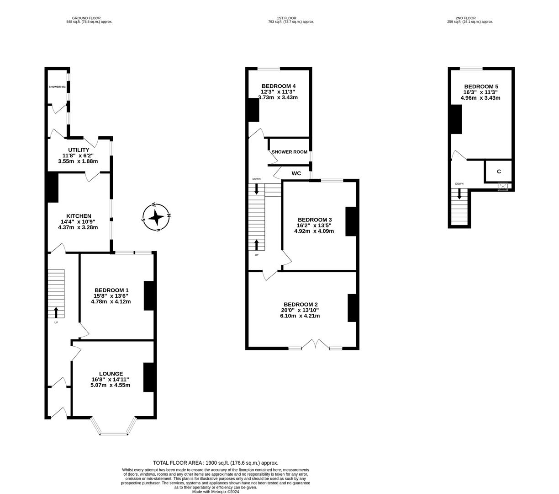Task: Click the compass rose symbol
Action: coord(156,217)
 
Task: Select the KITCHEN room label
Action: coord(79,216)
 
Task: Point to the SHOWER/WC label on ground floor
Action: coord(57,87)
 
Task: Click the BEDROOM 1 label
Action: coord(111,290)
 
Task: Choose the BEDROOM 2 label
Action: coord(300,305)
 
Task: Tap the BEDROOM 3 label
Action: coord(314,220)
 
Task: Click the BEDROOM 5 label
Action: coord(481,86)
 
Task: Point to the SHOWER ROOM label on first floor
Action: coord(289,152)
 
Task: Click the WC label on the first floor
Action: coord(296,173)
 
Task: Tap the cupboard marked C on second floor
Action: coord(499,172)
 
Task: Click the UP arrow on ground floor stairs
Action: coord(56,312)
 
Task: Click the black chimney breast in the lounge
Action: coord(149,377)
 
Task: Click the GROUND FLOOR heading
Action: coord(89,18)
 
